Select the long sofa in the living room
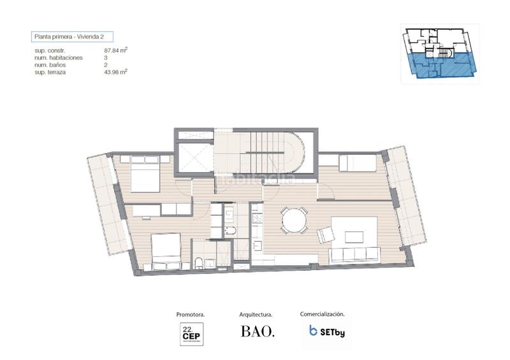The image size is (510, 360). (354, 255)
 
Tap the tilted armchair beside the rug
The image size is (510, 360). (325, 235)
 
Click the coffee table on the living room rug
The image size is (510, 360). (354, 236)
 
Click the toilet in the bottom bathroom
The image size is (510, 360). (199, 262)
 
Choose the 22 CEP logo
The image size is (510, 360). (191, 333)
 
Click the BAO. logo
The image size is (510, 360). (257, 332)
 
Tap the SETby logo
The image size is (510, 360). (326, 331)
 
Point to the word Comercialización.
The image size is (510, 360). (323, 314)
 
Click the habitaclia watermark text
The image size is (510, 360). (255, 180)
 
